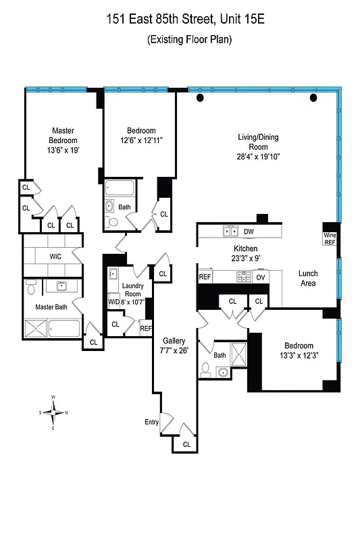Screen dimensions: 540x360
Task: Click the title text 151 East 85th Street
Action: (x=159, y=20)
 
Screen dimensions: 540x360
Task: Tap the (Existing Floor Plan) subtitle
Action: (x=189, y=40)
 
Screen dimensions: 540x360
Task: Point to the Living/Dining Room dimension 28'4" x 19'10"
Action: (x=257, y=157)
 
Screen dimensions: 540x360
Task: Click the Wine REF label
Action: (x=330, y=238)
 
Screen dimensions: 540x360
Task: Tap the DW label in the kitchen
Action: (x=249, y=232)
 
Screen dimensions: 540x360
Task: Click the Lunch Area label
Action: (x=308, y=279)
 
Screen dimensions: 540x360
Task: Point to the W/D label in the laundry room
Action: (x=113, y=302)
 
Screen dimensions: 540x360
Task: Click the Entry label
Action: (x=151, y=423)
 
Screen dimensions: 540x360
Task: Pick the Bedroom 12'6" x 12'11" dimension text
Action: (x=141, y=140)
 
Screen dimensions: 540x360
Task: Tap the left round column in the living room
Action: (x=200, y=99)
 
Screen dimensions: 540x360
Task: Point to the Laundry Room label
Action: (x=132, y=289)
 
